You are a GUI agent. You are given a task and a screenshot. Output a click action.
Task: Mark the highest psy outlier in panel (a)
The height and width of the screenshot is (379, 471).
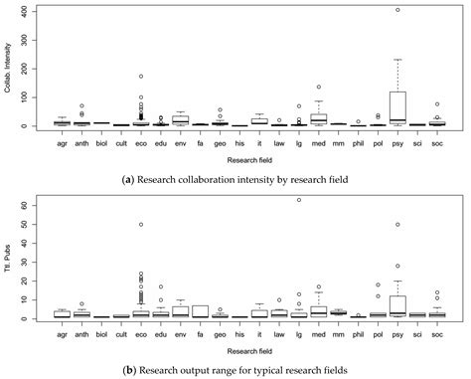coord(398,10)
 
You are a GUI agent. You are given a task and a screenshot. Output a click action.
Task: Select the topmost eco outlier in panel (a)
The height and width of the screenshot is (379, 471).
coord(140,76)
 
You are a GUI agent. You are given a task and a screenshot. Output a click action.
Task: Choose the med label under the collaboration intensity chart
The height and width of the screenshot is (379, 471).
coord(319,143)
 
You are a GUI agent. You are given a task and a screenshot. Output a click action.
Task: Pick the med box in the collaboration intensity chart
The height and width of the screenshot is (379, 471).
coord(319,118)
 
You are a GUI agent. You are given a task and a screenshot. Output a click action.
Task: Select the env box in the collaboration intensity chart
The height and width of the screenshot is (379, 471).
coord(180,118)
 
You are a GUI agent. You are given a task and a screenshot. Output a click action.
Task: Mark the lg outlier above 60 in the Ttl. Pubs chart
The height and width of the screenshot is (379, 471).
coord(299,200)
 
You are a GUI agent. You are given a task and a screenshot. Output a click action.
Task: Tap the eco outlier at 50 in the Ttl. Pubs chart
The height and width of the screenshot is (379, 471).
coord(140,225)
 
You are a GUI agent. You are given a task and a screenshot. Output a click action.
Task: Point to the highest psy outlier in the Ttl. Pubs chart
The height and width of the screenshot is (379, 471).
coord(398,225)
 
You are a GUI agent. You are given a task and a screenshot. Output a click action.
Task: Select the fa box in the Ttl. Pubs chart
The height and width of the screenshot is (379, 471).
coord(200,311)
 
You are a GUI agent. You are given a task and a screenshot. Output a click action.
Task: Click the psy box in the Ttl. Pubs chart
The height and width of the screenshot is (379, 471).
coord(398,304)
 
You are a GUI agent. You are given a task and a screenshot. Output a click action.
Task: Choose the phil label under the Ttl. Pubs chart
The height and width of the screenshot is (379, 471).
coord(359,336)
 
